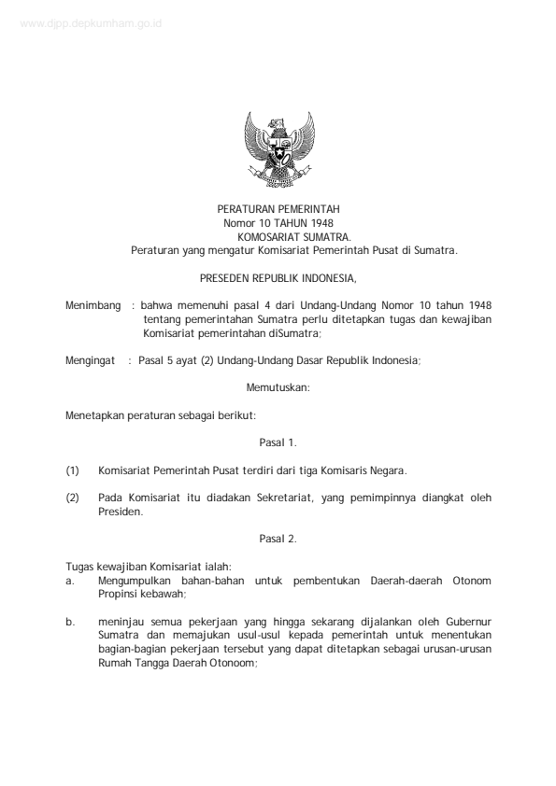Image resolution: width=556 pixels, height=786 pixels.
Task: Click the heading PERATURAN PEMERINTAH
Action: click(278, 211)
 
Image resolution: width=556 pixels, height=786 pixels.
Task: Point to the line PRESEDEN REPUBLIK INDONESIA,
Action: click(278, 278)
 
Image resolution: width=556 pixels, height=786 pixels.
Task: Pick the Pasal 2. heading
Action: click(278, 538)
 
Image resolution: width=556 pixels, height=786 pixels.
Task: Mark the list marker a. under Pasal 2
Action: click(70, 580)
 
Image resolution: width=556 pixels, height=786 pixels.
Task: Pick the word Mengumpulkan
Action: click(136, 580)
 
